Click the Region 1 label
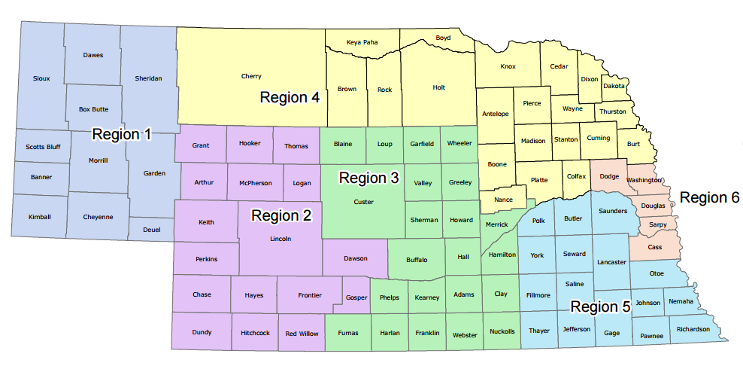pyautogui.click(x=122, y=135)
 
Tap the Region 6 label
pyautogui.click(x=710, y=197)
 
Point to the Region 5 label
pyautogui.click(x=601, y=306)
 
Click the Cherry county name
pyautogui.click(x=251, y=76)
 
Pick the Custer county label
pyautogui.click(x=363, y=202)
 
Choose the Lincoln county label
pyautogui.click(x=280, y=239)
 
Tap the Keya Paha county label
pyautogui.click(x=362, y=42)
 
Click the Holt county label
pyautogui.click(x=439, y=87)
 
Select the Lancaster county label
pyautogui.click(x=611, y=262)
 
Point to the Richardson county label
pyautogui.click(x=693, y=329)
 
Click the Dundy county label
pyautogui.click(x=202, y=332)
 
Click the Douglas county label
pyautogui.click(x=654, y=206)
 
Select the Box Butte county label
pyautogui.click(x=93, y=109)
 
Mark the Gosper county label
pyautogui.click(x=356, y=297)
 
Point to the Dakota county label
pyautogui.click(x=614, y=86)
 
